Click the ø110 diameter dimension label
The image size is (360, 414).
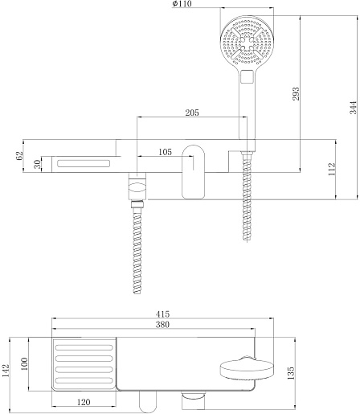click(x=182, y=4)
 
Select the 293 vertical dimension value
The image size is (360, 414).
click(x=296, y=93)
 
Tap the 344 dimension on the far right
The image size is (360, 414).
click(x=354, y=108)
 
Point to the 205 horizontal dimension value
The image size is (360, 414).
click(x=192, y=113)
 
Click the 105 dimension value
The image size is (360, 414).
click(x=165, y=152)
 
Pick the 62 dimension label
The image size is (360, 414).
click(x=19, y=156)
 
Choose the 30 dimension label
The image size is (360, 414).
click(x=38, y=164)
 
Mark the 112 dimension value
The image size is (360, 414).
click(x=332, y=169)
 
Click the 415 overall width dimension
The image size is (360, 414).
click(x=162, y=314)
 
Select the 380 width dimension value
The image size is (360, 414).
click(x=162, y=325)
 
